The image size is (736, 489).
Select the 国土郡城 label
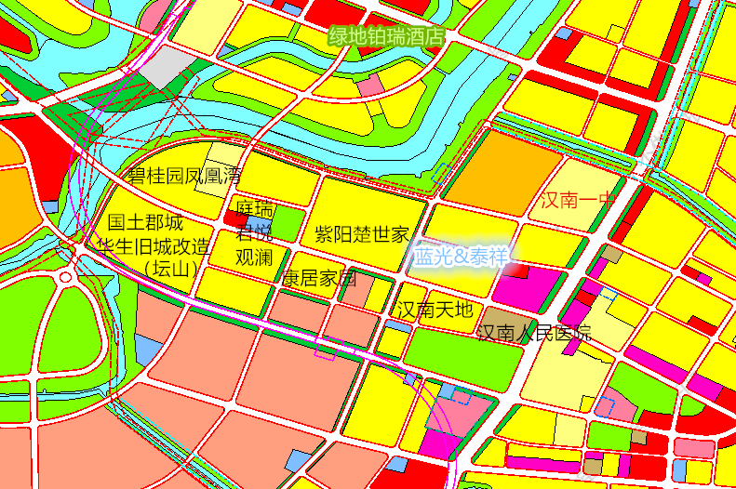[x=146, y=223]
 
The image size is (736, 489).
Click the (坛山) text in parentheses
[x=172, y=270]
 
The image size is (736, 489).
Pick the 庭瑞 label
[x=254, y=206]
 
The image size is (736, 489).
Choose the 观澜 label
[x=254, y=256]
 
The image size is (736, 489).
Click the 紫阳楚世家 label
[x=362, y=233]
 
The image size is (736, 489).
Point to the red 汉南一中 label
[x=579, y=200]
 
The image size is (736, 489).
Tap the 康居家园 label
[x=319, y=278]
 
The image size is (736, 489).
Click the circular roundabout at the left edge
[x=66, y=277]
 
